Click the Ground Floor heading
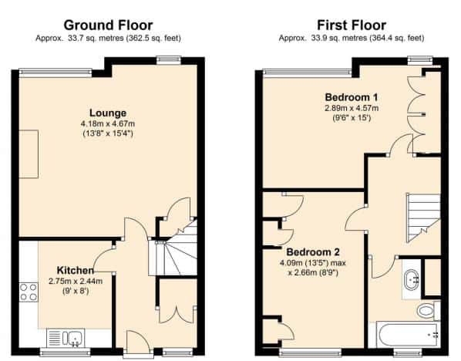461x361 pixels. [x=108, y=25]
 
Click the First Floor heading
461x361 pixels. [x=352, y=25]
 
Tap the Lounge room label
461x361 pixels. [x=108, y=113]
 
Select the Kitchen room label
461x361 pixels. [x=76, y=270]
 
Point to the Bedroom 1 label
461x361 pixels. [x=352, y=97]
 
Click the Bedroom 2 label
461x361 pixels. [x=313, y=252]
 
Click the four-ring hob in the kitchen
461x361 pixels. [x=29, y=292]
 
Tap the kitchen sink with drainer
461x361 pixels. [x=66, y=338]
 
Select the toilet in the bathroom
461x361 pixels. [x=429, y=310]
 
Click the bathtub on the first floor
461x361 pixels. [x=409, y=335]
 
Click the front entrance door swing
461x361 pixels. [x=138, y=339]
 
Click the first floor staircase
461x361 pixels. [x=423, y=218]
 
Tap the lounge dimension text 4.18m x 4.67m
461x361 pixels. [x=108, y=123]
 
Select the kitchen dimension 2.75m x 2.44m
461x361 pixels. [x=76, y=282]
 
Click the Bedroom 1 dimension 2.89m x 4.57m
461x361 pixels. [x=352, y=108]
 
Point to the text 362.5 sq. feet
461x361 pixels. [x=153, y=39]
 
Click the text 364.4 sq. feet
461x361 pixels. [x=396, y=39]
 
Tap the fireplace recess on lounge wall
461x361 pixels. [x=29, y=154]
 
